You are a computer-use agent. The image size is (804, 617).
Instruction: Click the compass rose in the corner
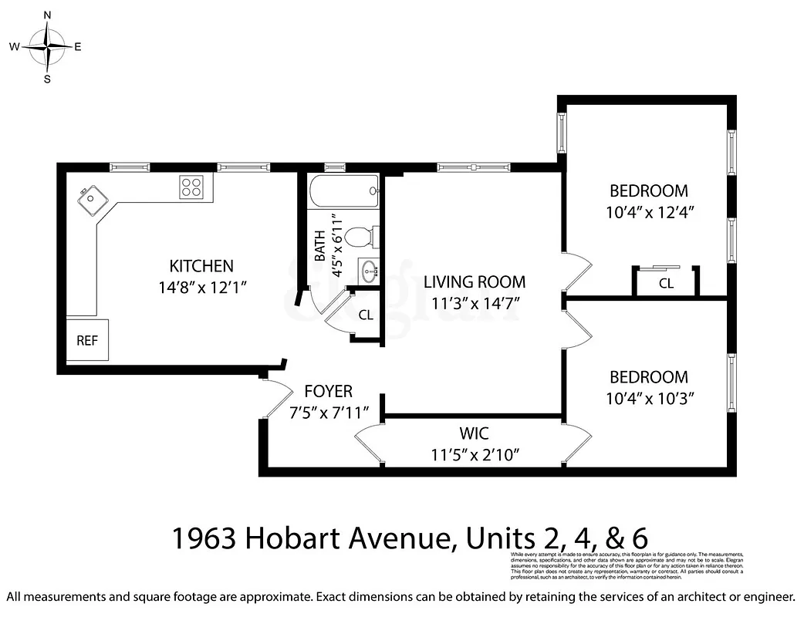click(48, 46)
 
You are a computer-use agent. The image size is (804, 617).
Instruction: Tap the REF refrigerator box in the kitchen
click(87, 339)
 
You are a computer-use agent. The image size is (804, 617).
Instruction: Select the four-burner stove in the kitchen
click(192, 186)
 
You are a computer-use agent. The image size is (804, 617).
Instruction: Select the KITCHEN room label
click(201, 266)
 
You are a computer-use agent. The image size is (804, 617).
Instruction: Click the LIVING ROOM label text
click(474, 282)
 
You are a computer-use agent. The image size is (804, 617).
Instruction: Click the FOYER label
click(328, 391)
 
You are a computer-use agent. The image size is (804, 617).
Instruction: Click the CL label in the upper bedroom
click(666, 284)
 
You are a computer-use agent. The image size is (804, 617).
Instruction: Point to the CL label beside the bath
click(366, 315)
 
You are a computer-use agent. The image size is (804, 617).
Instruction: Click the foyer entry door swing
click(275, 400)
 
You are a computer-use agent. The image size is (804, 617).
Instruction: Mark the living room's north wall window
click(473, 167)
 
